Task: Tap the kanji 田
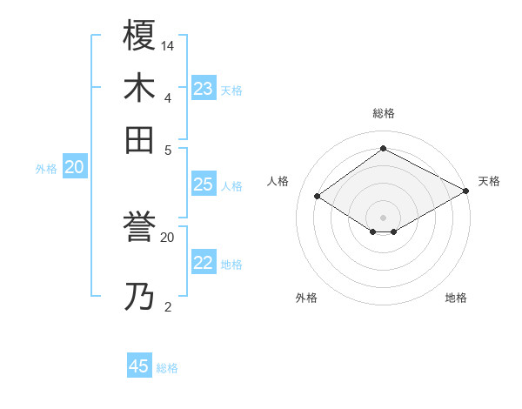139,140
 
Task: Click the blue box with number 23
204,89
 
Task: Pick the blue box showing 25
203,184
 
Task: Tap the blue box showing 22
204,264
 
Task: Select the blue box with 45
139,366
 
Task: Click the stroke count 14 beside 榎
168,44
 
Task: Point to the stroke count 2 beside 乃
167,306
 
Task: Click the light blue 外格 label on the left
46,169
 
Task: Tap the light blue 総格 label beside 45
167,368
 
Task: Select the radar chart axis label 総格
383,113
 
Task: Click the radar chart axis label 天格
489,181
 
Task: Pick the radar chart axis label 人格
278,181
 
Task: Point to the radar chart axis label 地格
456,298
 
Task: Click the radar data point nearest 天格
466,191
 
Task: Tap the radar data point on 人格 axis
318,197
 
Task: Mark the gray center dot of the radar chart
383,217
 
